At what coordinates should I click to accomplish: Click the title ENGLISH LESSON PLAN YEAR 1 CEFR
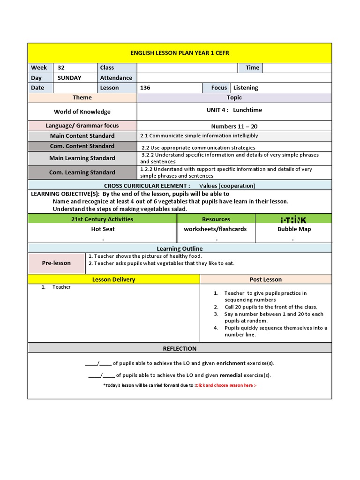pyautogui.click(x=180, y=53)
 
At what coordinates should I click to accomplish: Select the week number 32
pyautogui.click(x=61, y=67)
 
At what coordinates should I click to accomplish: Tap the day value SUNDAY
pyautogui.click(x=69, y=78)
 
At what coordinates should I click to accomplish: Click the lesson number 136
pyautogui.click(x=145, y=88)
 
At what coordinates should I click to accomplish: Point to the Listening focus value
pyautogui.click(x=246, y=88)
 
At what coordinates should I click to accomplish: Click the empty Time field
pyautogui.click(x=297, y=67)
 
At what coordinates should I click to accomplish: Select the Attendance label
pyautogui.click(x=116, y=78)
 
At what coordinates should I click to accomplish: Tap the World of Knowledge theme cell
pyautogui.click(x=82, y=112)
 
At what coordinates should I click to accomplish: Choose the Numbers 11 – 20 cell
pyautogui.click(x=234, y=126)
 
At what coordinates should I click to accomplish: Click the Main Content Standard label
pyautogui.click(x=82, y=136)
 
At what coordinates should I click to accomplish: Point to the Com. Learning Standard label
pyautogui.click(x=82, y=172)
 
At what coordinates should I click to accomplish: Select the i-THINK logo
pyautogui.click(x=293, y=219)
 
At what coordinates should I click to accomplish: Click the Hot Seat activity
pyautogui.click(x=103, y=229)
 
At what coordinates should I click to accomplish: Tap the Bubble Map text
pyautogui.click(x=294, y=229)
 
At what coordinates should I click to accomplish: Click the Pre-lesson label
pyautogui.click(x=56, y=263)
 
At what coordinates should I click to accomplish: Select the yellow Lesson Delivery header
pyautogui.click(x=113, y=279)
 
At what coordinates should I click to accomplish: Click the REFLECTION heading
pyautogui.click(x=180, y=348)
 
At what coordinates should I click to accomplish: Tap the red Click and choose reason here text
pyautogui.click(x=226, y=385)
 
